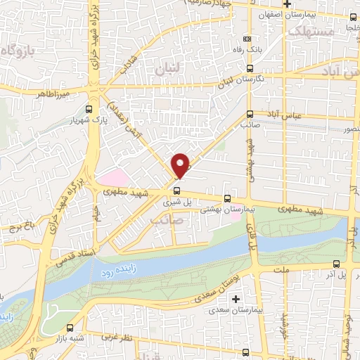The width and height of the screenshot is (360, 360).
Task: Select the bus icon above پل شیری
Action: (176, 190)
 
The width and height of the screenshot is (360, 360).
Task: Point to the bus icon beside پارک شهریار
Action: (89, 109)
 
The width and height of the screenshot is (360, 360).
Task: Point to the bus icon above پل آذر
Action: (336, 264)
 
